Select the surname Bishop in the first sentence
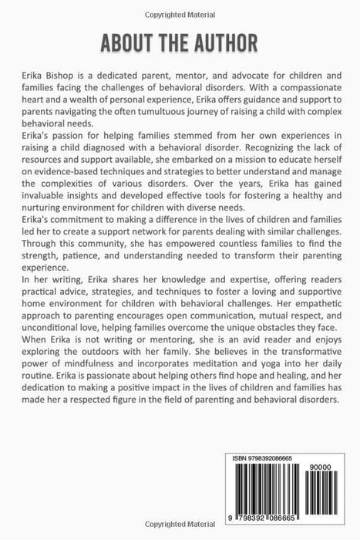click(66, 77)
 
